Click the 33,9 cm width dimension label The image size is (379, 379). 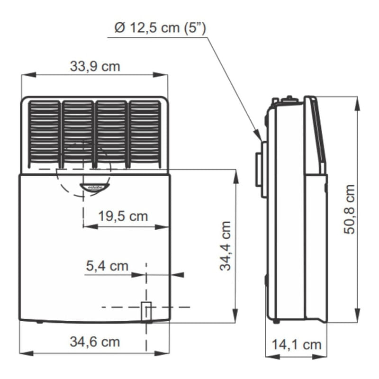point(95,66)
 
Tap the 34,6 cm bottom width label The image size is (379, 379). point(95,342)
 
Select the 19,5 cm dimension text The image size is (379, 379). point(123,216)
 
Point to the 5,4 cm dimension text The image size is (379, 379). point(107,266)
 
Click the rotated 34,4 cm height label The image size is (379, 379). point(226,245)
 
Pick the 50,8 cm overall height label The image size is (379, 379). point(349,209)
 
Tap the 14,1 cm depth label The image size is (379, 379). point(297,344)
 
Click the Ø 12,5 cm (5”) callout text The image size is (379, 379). point(160,28)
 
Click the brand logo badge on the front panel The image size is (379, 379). point(94,187)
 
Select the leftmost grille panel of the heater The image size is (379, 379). point(44,135)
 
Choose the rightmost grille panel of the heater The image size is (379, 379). point(145,135)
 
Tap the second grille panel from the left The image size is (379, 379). point(78,135)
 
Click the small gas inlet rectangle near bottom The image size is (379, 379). point(146,312)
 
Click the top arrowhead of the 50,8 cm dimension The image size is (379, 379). point(357,104)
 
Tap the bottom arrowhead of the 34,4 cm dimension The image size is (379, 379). point(235,315)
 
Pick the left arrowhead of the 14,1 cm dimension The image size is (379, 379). point(273,356)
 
